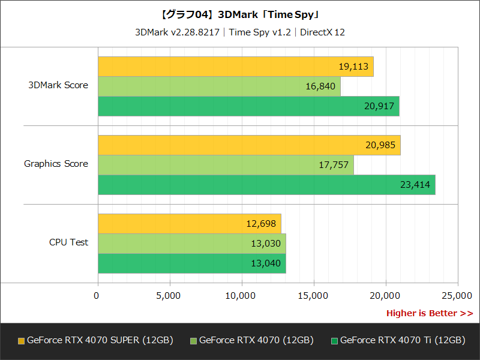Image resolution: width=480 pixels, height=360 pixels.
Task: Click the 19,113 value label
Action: pyautogui.click(x=353, y=67)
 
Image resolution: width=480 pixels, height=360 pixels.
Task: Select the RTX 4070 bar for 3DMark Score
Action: pyautogui.click(x=219, y=86)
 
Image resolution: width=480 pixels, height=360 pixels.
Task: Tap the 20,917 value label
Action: pyautogui.click(x=379, y=106)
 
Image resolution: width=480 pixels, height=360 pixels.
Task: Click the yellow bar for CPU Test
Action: pyautogui.click(x=189, y=224)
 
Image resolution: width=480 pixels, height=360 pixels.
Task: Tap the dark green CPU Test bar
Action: pyautogui.click(x=191, y=263)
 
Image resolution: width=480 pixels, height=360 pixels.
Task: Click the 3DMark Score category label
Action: pyautogui.click(x=58, y=85)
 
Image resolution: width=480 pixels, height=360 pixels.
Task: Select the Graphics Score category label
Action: pyautogui.click(x=56, y=164)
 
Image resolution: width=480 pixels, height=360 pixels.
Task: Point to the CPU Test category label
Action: pyautogui.click(x=68, y=242)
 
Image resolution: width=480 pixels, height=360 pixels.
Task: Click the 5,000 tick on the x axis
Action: pyautogui.click(x=170, y=295)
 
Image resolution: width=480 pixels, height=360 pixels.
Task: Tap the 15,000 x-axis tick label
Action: pyautogui.click(x=314, y=295)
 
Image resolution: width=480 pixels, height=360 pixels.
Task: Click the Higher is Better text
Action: pyautogui.click(x=429, y=313)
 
